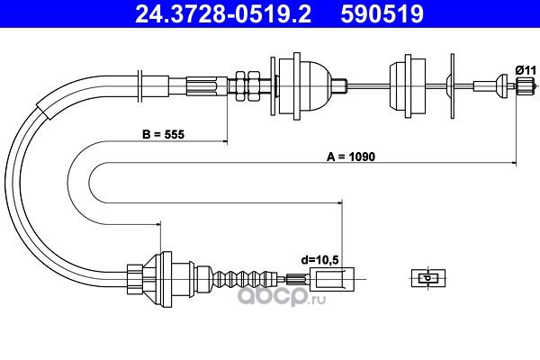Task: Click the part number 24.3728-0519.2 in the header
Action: [223, 13]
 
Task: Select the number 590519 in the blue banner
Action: [382, 13]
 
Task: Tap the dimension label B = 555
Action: [163, 134]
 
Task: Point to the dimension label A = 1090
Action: [351, 157]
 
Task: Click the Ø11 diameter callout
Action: [526, 70]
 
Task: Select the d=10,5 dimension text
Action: [319, 260]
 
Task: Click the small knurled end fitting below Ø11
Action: [525, 85]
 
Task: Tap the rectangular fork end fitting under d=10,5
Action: [332, 279]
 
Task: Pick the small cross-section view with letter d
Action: [428, 278]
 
